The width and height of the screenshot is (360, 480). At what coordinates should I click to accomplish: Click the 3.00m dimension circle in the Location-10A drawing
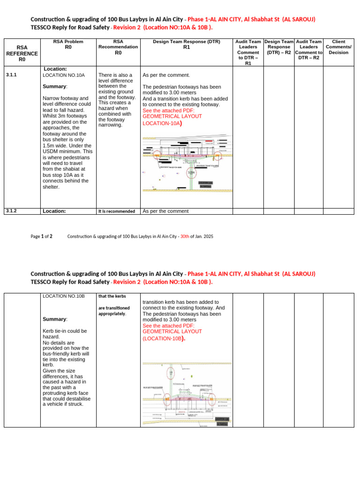[x=191, y=172]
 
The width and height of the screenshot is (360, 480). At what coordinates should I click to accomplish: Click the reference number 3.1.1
[x=11, y=75]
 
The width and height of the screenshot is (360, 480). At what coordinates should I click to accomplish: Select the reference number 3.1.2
[x=11, y=211]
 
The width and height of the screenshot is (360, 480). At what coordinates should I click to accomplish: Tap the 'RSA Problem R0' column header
[x=68, y=45]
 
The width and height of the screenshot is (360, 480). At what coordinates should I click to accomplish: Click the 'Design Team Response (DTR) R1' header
[x=186, y=45]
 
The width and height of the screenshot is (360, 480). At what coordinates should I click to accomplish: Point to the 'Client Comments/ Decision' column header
[x=338, y=47]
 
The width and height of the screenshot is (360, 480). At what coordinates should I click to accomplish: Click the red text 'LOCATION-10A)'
[x=162, y=123]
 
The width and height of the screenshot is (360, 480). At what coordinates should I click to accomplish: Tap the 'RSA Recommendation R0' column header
[x=118, y=47]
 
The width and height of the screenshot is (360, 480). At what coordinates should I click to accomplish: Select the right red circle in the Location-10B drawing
[x=212, y=399]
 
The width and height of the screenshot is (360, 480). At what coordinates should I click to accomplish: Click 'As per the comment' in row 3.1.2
[x=165, y=211]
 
